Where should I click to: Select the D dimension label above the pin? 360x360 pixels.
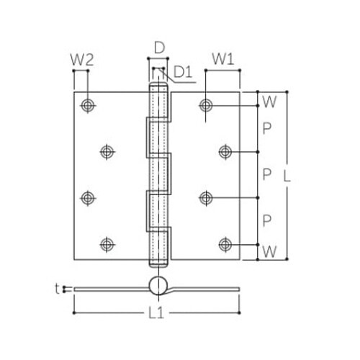coord(159,49)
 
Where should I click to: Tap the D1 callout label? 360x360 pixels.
coord(182,71)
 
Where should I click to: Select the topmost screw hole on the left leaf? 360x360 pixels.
coord(88,105)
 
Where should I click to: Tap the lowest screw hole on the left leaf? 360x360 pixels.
coord(107,244)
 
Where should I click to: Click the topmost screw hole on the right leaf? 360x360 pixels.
coord(207,105)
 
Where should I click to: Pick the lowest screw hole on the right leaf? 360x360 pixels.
coord(226,244)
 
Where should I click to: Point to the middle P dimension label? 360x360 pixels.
coord(268,174)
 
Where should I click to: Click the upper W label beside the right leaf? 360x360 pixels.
coord(269,102)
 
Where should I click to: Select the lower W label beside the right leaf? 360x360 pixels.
coord(269,252)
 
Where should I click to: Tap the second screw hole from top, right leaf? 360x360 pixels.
coord(226,151)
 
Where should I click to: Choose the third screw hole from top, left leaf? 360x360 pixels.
coord(88,197)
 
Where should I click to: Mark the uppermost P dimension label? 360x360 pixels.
coord(268,128)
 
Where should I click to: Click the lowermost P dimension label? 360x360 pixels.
coord(268,220)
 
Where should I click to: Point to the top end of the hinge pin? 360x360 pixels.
coord(159,86)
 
